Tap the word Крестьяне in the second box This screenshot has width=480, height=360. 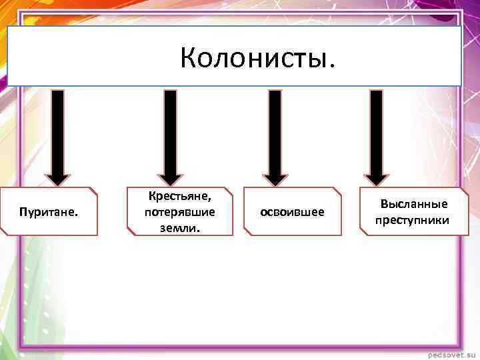(x=179, y=197)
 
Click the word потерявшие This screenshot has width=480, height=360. (x=179, y=212)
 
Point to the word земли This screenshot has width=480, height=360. (x=179, y=227)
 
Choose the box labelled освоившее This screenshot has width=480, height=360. (x=292, y=212)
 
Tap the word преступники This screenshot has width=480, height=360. (x=412, y=219)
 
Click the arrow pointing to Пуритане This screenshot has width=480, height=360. (x=58, y=133)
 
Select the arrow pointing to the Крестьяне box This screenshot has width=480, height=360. (x=171, y=133)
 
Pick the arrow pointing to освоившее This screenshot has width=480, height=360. (x=275, y=133)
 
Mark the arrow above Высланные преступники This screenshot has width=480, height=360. (x=376, y=133)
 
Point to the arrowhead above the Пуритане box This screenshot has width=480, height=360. (x=58, y=177)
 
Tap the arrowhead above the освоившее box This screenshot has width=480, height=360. (x=275, y=177)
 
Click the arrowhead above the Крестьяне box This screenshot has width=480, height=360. (x=171, y=177)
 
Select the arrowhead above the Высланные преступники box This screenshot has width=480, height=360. (x=376, y=177)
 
